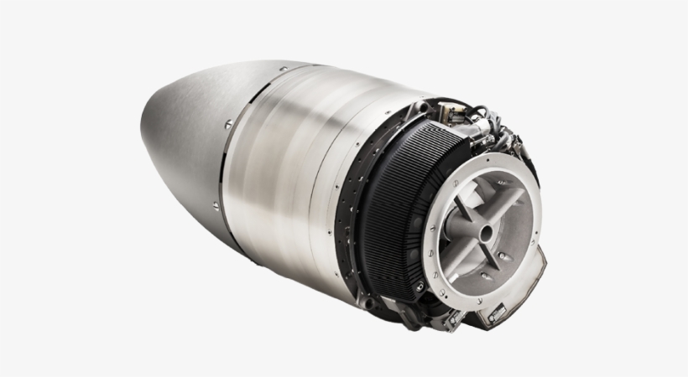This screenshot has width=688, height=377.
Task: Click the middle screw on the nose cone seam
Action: (x=227, y=124)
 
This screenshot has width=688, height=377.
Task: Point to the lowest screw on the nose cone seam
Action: (x=217, y=204)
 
